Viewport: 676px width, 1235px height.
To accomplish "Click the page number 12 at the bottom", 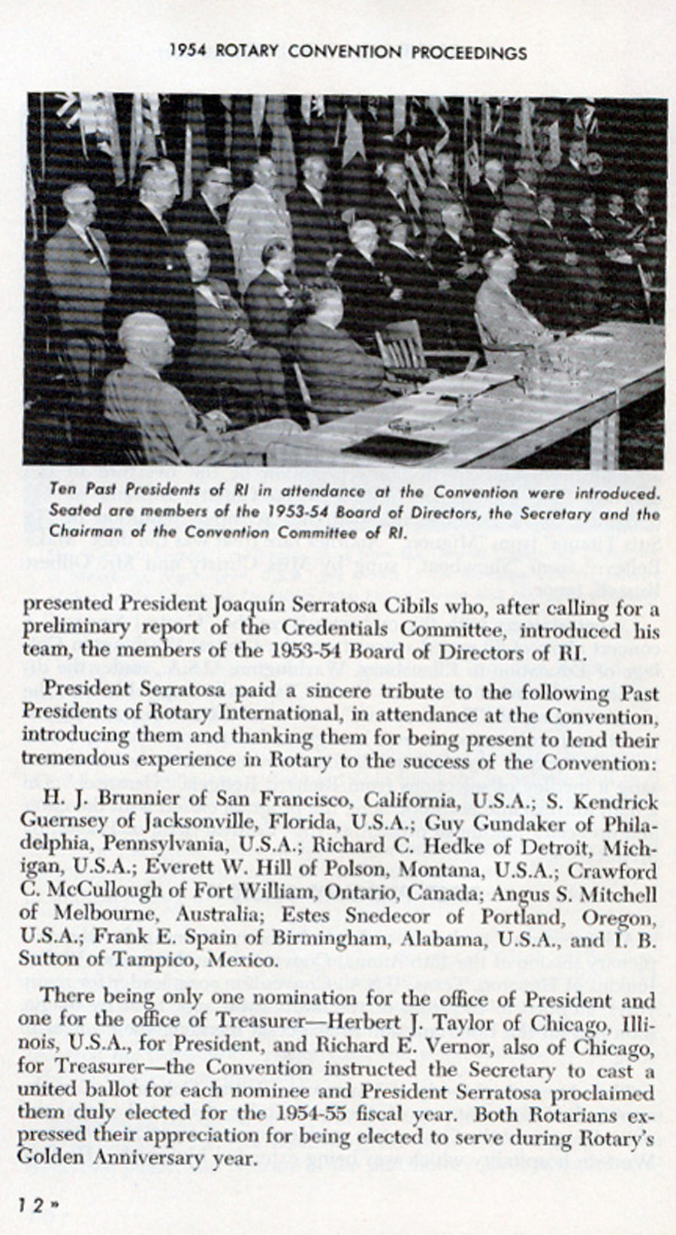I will [32, 1205].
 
